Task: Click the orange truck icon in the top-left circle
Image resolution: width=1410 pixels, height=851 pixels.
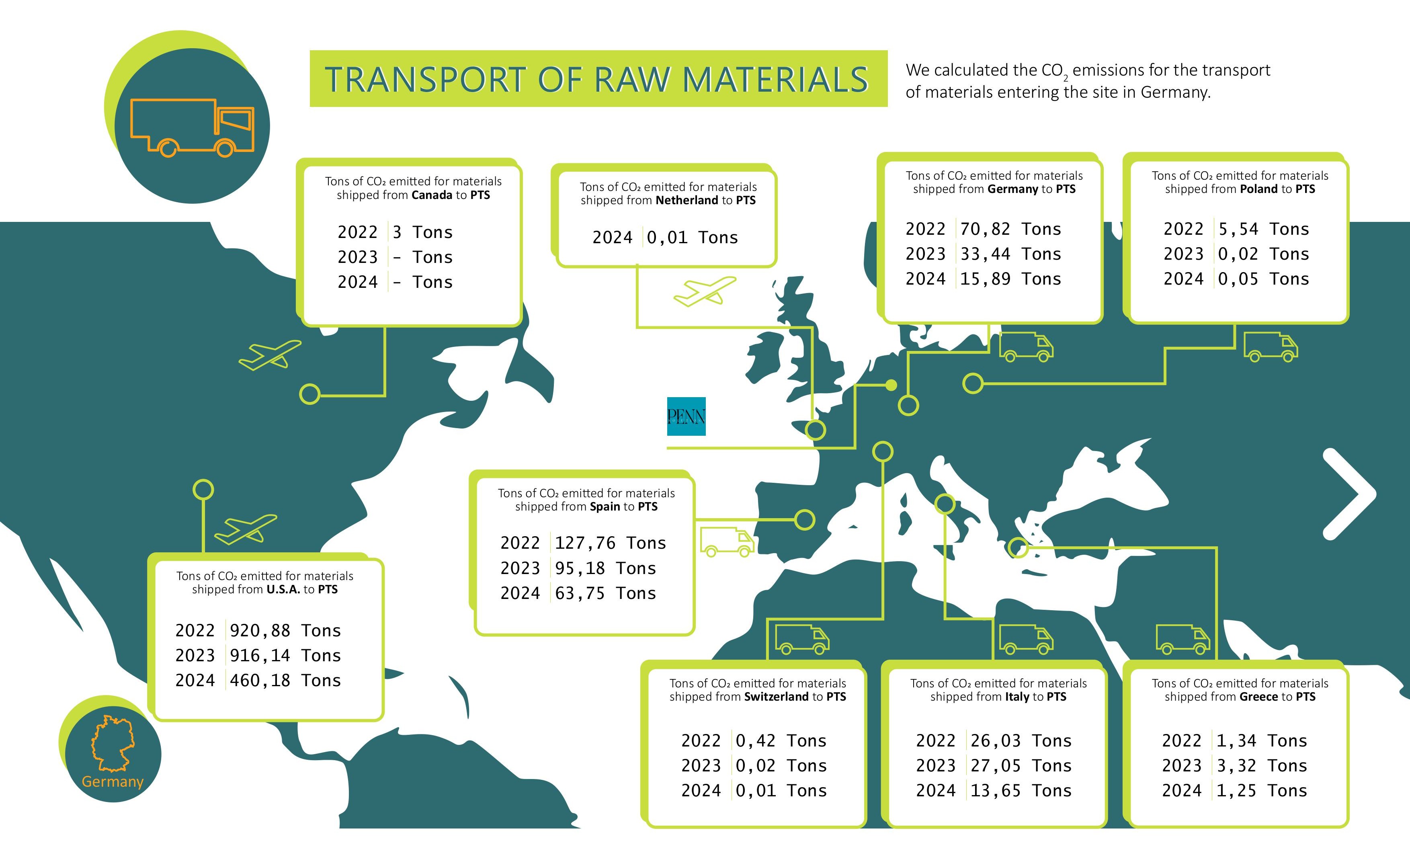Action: [192, 127]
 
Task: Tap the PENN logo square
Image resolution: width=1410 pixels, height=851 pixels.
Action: [686, 416]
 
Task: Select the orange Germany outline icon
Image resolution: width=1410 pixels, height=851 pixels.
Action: [113, 742]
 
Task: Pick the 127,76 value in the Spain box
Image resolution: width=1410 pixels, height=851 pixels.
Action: [585, 543]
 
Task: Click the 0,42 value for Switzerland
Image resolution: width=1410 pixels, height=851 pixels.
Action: [755, 740]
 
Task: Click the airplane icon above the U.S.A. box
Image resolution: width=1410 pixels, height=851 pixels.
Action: [246, 529]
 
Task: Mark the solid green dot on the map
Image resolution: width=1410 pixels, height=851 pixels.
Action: [891, 385]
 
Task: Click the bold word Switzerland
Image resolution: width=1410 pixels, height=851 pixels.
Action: [777, 697]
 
